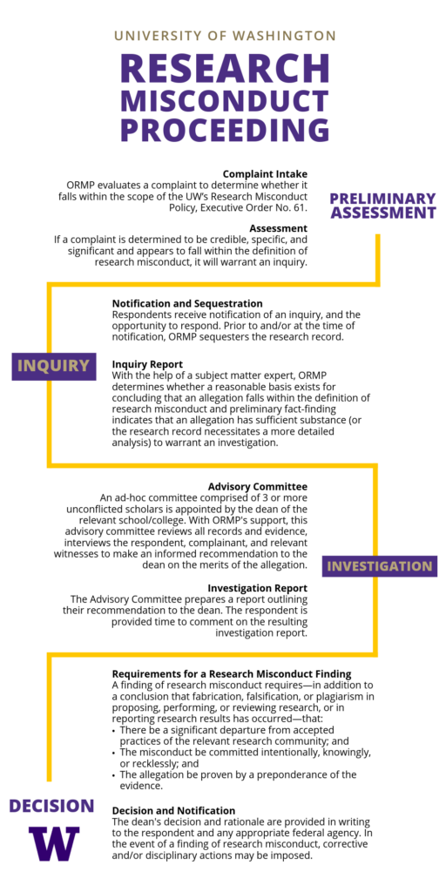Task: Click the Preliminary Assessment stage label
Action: (x=382, y=206)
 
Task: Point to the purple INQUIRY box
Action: (x=54, y=365)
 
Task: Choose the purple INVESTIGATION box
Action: (x=379, y=566)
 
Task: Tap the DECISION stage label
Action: (x=51, y=806)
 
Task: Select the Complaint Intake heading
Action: (x=265, y=174)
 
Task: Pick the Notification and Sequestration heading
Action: (x=187, y=303)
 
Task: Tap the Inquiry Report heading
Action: (x=147, y=364)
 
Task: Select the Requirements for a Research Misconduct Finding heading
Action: (x=232, y=673)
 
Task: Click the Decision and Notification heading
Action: (x=173, y=810)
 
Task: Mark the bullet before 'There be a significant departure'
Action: (x=114, y=730)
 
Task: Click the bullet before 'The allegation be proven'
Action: (x=114, y=774)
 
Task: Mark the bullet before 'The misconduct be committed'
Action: (x=114, y=752)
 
